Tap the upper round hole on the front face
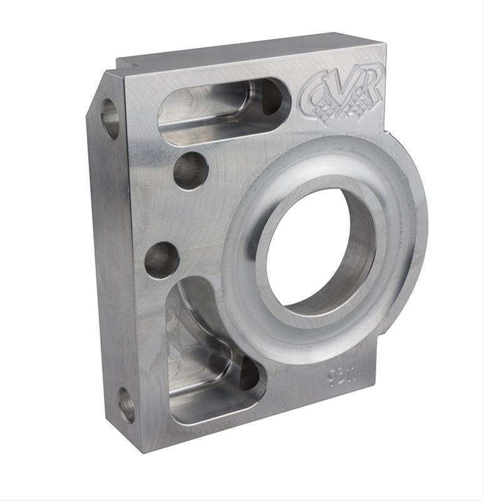tap(190, 170)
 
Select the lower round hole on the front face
tap(162, 260)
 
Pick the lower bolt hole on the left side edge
tap(126, 405)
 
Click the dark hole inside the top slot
tap(272, 97)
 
